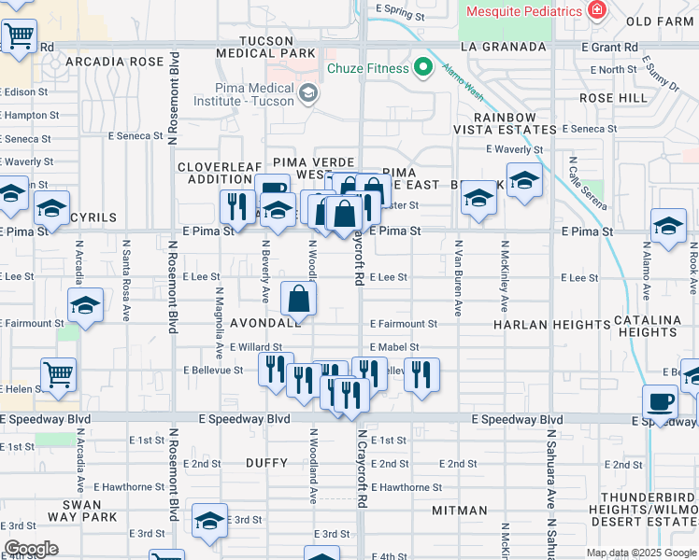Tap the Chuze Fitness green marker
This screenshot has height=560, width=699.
pos(423,68)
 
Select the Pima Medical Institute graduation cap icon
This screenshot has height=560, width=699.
pos(307,92)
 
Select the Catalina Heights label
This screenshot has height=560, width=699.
pos(649,326)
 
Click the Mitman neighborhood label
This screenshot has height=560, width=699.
pos(460,511)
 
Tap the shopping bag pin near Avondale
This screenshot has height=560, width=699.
pos(299,300)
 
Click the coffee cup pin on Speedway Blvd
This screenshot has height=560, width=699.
pos(661,402)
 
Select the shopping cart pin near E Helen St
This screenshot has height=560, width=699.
pos(58,375)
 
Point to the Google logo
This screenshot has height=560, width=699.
pos(31,549)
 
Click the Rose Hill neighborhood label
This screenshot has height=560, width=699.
pos(613,98)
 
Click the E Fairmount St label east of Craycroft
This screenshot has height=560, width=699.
pos(403,324)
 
